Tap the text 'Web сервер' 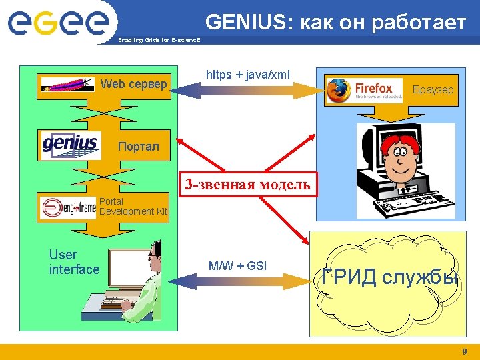(x=133, y=84)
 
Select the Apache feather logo (x=67, y=85)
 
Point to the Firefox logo (x=364, y=90)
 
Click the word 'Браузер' (x=433, y=89)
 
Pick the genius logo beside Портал (x=70, y=145)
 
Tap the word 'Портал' (x=139, y=147)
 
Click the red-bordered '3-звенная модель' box (x=247, y=185)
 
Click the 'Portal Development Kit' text (x=133, y=206)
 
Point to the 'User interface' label (x=74, y=262)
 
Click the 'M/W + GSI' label (x=237, y=266)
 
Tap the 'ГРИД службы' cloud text (x=389, y=276)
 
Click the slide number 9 (x=465, y=351)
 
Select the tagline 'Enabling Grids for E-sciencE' (x=159, y=40)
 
